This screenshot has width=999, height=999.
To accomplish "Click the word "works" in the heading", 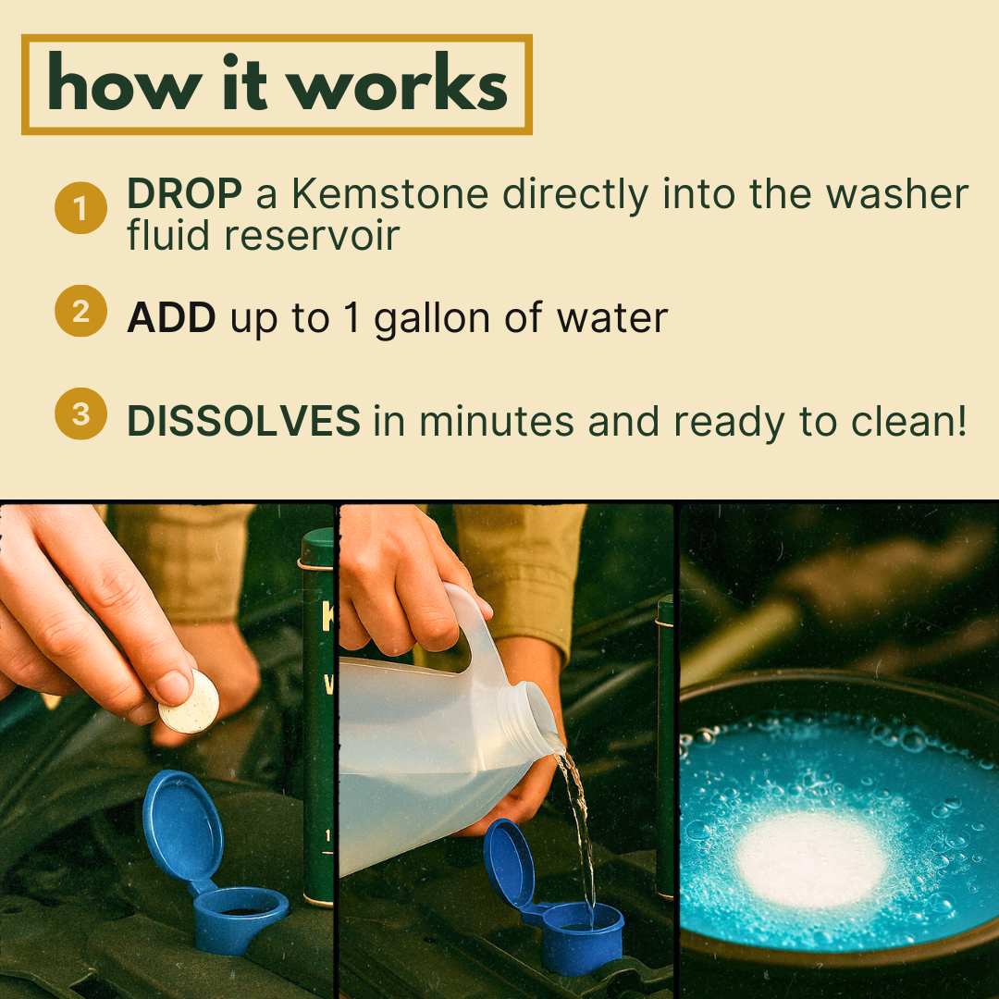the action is point(399,83).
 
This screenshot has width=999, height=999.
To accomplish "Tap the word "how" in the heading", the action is point(125,83).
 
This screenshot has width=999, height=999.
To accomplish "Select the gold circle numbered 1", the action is point(80,208).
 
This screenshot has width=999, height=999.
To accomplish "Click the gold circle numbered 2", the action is point(80,311).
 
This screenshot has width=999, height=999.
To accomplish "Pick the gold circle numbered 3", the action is point(80,413).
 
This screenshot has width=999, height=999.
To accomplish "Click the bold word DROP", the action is point(184,193).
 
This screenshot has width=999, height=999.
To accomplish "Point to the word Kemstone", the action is point(390,193).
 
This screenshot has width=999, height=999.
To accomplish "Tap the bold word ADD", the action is point(171,317).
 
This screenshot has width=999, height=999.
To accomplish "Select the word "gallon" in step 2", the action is point(432,318).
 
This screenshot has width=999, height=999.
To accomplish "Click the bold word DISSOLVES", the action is point(243,421).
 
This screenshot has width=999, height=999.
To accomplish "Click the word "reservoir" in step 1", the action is point(312,235).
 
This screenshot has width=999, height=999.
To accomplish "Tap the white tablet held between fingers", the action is point(189,701).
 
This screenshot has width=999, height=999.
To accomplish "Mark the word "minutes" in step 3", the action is point(497,421).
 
